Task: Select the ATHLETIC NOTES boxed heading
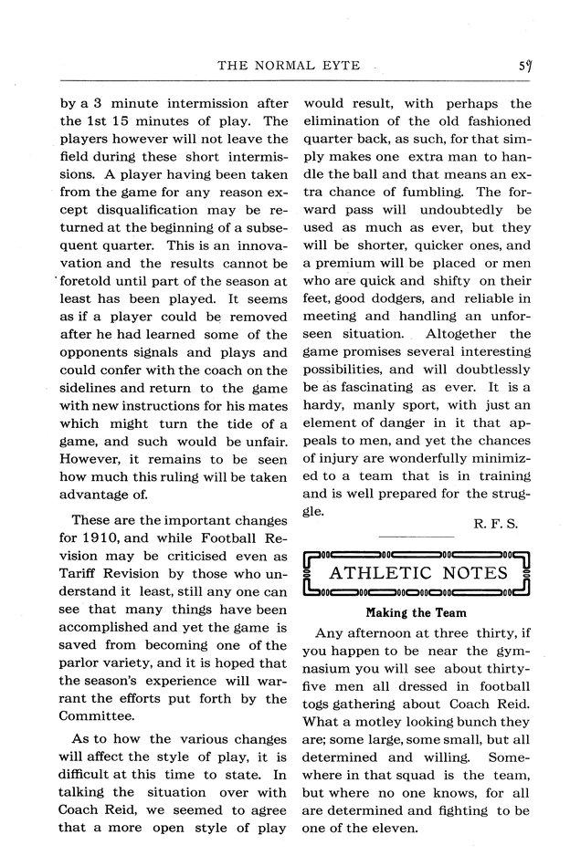click(417, 573)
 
